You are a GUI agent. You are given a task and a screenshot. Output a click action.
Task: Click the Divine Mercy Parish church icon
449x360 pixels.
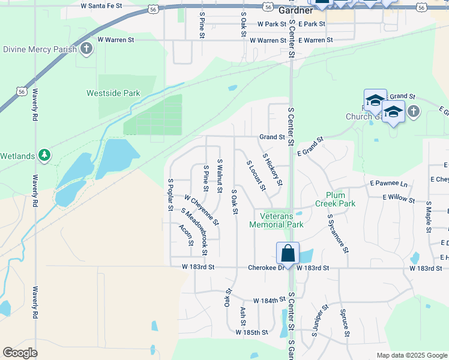(x=86, y=49)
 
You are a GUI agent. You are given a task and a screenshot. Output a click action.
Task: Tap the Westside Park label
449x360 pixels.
(x=113, y=93)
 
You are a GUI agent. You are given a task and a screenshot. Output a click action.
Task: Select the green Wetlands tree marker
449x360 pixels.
(x=44, y=155)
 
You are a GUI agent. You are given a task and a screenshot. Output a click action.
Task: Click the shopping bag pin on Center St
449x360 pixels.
(x=288, y=253)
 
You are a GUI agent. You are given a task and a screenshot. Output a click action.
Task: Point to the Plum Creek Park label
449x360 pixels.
(x=340, y=199)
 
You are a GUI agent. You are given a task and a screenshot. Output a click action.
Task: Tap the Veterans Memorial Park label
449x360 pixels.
(x=282, y=220)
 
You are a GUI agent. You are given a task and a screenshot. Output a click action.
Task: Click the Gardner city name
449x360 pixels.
(x=295, y=10)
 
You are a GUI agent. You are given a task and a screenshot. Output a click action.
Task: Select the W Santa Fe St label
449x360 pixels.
(x=101, y=5)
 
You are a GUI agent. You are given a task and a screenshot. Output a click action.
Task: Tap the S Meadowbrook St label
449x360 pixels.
(x=193, y=229)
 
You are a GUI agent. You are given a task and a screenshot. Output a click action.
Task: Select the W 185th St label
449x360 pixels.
(x=251, y=332)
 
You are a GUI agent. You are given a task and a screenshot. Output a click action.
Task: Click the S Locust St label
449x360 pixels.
(x=256, y=175)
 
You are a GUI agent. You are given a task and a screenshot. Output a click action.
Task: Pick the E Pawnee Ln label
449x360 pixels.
(x=388, y=182)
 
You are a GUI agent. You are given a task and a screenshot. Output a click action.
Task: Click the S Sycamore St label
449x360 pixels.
(x=338, y=235)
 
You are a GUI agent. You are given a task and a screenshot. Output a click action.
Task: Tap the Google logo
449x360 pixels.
(x=20, y=353)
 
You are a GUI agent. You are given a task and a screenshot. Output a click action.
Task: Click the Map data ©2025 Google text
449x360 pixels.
(x=411, y=355)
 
